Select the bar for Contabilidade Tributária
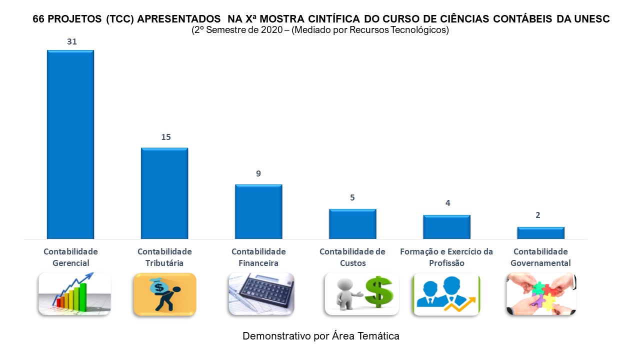pyautogui.click(x=164, y=193)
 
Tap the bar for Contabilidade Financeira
pyautogui.click(x=258, y=211)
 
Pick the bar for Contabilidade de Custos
pyautogui.click(x=352, y=223)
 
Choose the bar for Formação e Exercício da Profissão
pyautogui.click(x=446, y=226)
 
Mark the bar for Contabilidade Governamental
pyautogui.click(x=540, y=232)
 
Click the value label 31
pyautogui.click(x=72, y=42)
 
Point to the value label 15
pyautogui.click(x=166, y=137)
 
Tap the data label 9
pyautogui.click(x=258, y=174)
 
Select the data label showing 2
pyautogui.click(x=538, y=215)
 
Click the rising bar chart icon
pyautogui.click(x=74, y=293)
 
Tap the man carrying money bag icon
pyautogui.click(x=164, y=294)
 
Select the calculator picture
pyautogui.click(x=261, y=293)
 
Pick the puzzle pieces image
pyautogui.click(x=541, y=294)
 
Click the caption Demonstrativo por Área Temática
pyautogui.click(x=321, y=336)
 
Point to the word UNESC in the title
pyautogui.click(x=592, y=19)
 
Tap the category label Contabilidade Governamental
pyautogui.click(x=540, y=257)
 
